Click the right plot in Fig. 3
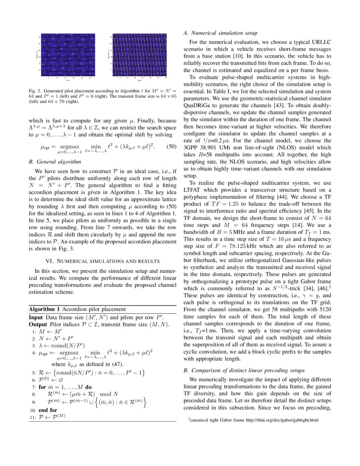[139, 55]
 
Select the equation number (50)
[170, 147]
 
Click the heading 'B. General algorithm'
[53, 161]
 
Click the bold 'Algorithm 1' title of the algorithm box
[45, 309]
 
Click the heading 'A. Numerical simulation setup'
[220, 33]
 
